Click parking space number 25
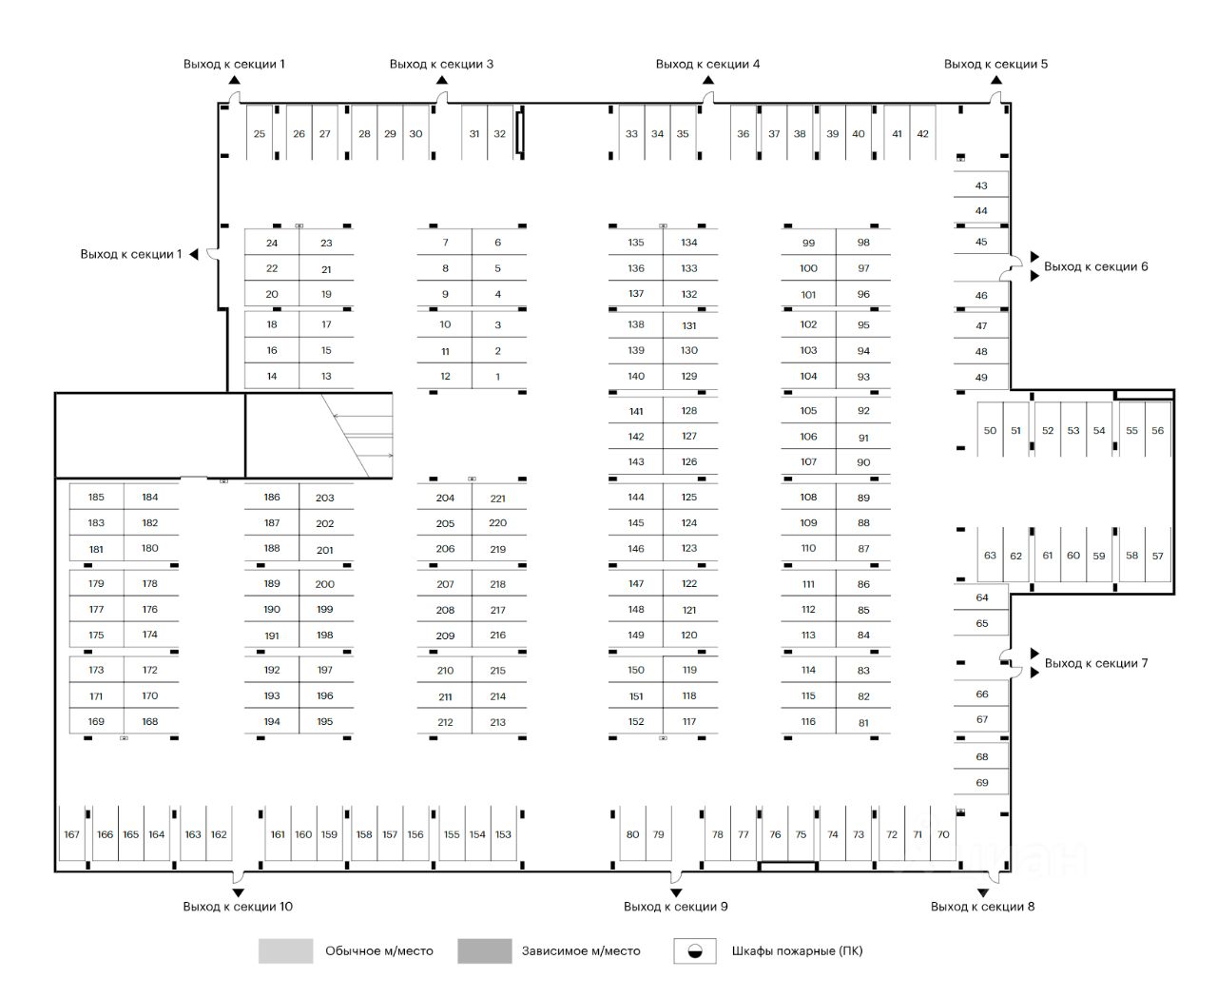tap(260, 134)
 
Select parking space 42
tap(922, 134)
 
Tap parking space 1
tap(498, 377)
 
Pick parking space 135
tap(636, 243)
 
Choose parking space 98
tap(863, 243)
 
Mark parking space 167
tap(72, 834)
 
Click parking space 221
tap(498, 498)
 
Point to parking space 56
tap(1157, 430)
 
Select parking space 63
tap(990, 556)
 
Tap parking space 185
tap(96, 497)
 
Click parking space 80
tap(633, 834)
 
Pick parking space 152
tap(636, 722)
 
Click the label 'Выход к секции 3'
tap(441, 64)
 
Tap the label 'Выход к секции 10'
tap(238, 907)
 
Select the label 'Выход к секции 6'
tap(1095, 266)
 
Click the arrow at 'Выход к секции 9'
tap(676, 892)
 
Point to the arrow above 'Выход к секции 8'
tap(982, 892)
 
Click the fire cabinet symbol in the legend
tap(695, 950)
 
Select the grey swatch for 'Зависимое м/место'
tap(484, 950)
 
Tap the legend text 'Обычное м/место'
tap(378, 950)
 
